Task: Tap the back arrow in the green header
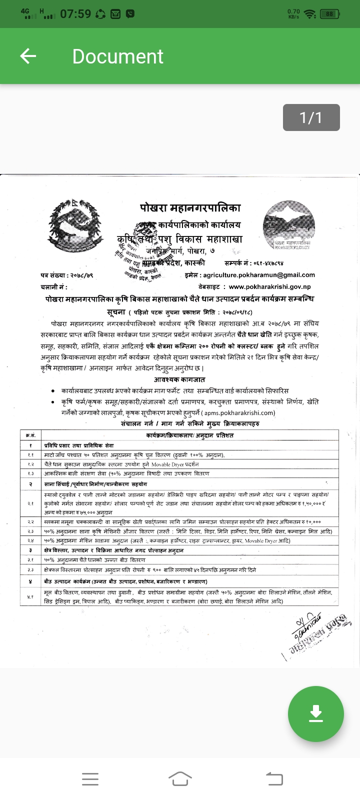[x=28, y=56]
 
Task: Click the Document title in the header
[x=117, y=56]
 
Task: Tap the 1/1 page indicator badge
[x=311, y=117]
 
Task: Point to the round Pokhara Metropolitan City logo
[x=289, y=225]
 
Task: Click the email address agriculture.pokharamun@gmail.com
[x=259, y=274]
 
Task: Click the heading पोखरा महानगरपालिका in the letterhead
[x=190, y=208]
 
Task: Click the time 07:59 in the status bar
[x=75, y=14]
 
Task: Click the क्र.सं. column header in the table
[x=31, y=435]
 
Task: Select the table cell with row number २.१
[x=31, y=503]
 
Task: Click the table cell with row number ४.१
[x=31, y=596]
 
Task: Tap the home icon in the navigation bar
[x=180, y=778]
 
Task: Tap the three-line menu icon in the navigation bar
[x=90, y=778]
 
